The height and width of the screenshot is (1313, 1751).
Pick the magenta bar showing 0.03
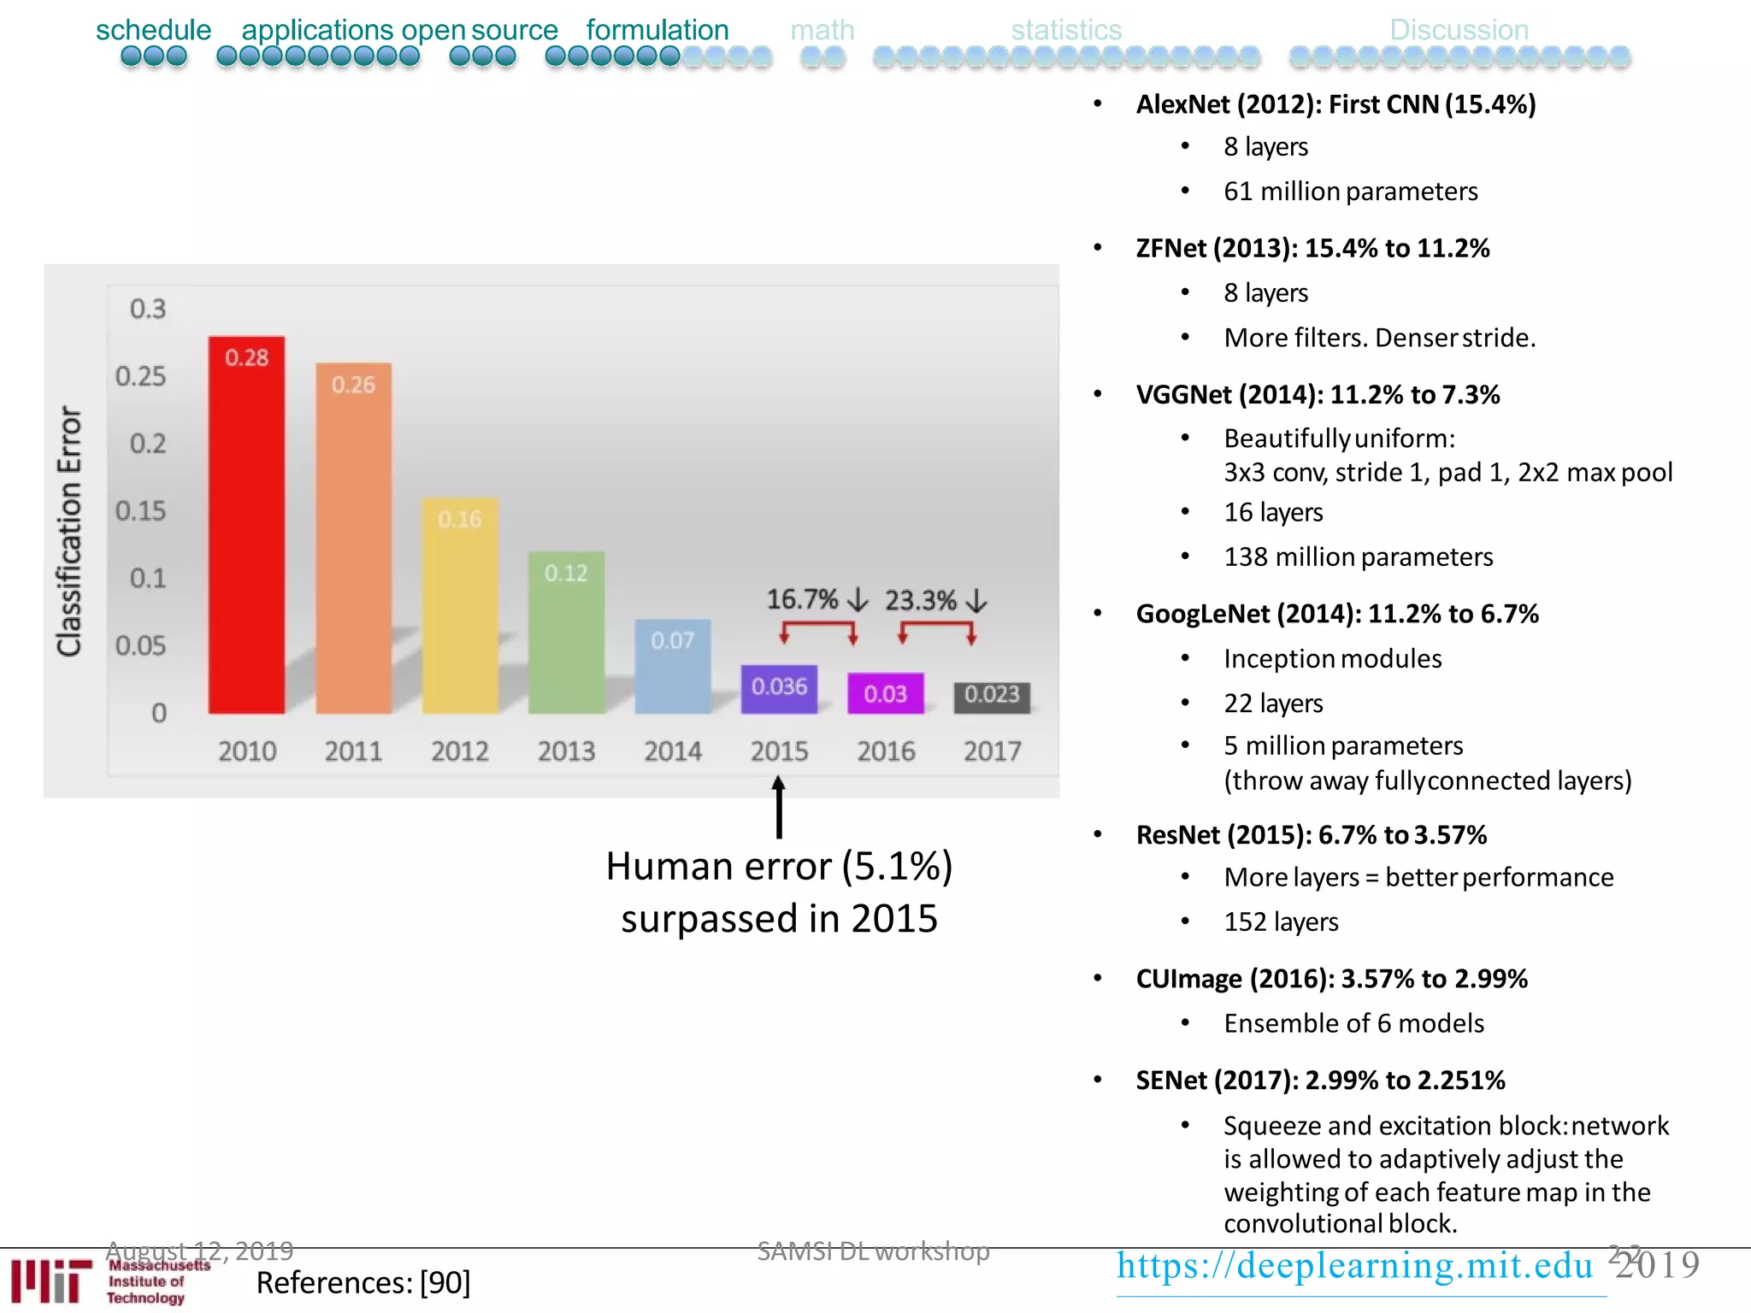pos(885,693)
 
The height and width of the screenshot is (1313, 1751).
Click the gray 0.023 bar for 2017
pos(992,697)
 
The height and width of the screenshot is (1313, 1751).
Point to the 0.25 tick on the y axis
pos(141,376)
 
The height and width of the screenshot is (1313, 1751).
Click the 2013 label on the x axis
pos(566,751)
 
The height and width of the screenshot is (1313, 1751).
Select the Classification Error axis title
pos(69,530)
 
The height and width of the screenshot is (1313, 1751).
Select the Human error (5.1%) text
pos(779,867)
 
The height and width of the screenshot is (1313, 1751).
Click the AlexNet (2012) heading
pos(1335,104)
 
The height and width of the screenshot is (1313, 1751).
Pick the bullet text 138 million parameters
pos(1358,557)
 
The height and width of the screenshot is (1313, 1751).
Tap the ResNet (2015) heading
pos(1311,835)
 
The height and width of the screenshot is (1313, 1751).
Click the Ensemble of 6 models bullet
pos(1353,1023)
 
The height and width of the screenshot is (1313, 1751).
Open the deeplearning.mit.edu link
pos(1354,1266)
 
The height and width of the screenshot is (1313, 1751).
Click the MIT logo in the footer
pos(51,1280)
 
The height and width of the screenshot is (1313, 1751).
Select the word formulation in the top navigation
pos(657,30)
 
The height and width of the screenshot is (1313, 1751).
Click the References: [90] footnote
pos(363,1283)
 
